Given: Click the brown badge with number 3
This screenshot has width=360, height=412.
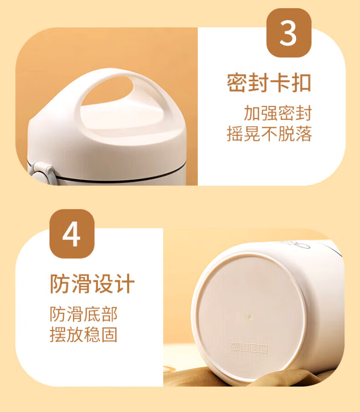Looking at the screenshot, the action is point(289,33).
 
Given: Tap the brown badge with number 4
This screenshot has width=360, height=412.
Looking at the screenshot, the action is point(72,234).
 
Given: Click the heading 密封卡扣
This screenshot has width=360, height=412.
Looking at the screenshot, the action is point(269,83).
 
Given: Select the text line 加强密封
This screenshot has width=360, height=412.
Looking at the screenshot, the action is point(278,113).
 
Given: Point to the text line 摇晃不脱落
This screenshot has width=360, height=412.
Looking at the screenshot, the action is point(269,134).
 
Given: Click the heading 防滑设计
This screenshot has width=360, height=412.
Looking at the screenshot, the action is point(93,284).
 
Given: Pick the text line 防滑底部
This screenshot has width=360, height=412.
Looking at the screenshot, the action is point(84,314).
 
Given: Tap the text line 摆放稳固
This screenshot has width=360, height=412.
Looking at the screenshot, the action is point(84,335).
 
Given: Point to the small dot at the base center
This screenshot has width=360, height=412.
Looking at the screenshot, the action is point(250,317).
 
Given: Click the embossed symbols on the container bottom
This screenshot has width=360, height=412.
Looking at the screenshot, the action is point(249,347).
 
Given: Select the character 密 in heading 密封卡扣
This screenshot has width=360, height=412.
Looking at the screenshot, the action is point(237,83).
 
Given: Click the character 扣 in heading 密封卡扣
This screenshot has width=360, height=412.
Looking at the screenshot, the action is point(301,83).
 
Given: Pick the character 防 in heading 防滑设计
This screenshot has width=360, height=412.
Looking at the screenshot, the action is point(60,284).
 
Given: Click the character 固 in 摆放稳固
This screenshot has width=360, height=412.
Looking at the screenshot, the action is point(109,335).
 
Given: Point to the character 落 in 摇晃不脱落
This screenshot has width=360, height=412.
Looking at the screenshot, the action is point(304,134).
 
